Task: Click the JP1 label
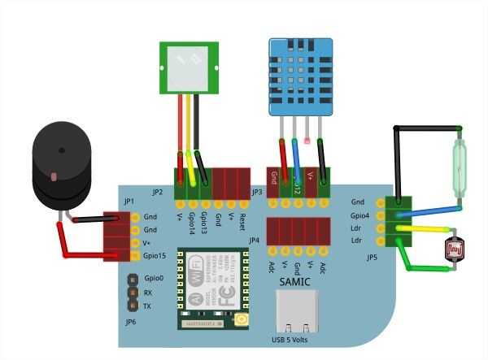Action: (x=129, y=201)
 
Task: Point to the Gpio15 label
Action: (x=155, y=256)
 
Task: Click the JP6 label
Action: (x=131, y=322)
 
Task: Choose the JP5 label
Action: (x=372, y=258)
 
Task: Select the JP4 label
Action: (x=255, y=241)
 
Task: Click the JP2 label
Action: (x=157, y=193)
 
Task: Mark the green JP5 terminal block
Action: (x=401, y=221)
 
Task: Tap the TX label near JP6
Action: (x=147, y=306)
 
